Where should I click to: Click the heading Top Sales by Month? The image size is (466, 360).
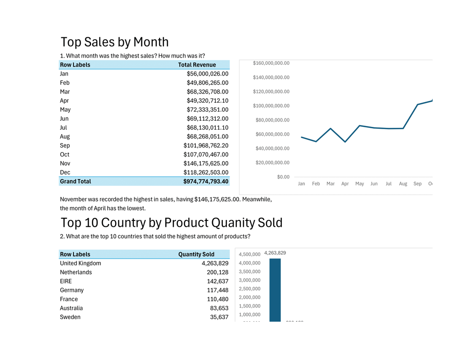(x=114, y=42)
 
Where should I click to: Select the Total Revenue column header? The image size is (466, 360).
(x=197, y=65)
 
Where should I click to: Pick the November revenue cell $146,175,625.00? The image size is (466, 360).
(x=206, y=163)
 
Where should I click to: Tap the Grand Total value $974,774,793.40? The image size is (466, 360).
(x=206, y=181)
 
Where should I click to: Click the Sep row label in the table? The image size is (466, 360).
(x=65, y=145)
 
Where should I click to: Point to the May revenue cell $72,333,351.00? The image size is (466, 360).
(x=208, y=109)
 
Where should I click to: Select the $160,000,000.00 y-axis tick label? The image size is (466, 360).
(x=271, y=63)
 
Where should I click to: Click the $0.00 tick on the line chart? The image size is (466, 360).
(x=283, y=177)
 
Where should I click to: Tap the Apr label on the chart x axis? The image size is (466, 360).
(x=345, y=184)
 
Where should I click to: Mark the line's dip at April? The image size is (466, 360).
(x=345, y=142)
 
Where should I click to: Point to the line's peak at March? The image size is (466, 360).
(x=330, y=129)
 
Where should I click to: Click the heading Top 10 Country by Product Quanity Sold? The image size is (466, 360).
(x=172, y=223)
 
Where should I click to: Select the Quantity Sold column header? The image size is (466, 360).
(x=196, y=254)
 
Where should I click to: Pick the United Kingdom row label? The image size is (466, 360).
(x=80, y=263)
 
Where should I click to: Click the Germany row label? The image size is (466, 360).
(x=72, y=290)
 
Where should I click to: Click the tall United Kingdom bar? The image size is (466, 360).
(x=275, y=290)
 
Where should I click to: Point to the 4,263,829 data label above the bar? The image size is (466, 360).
(x=275, y=253)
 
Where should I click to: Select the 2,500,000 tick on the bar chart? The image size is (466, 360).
(x=249, y=289)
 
